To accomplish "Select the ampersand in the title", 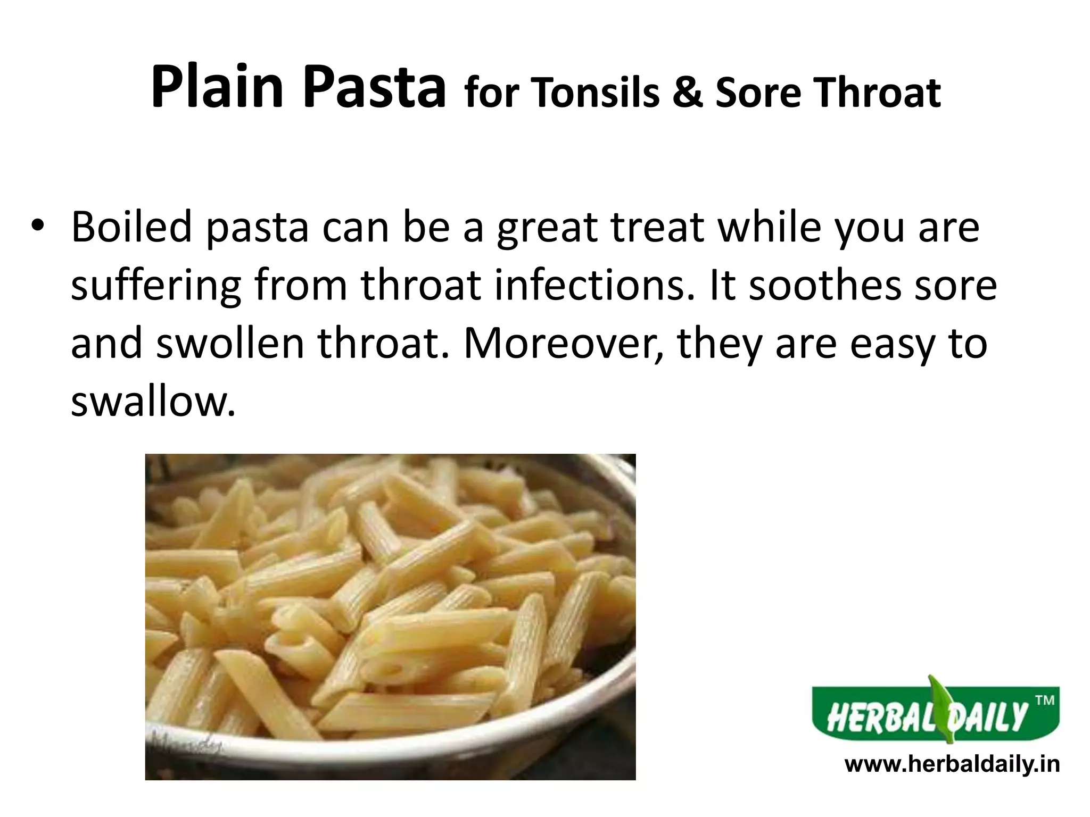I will (x=686, y=94).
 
